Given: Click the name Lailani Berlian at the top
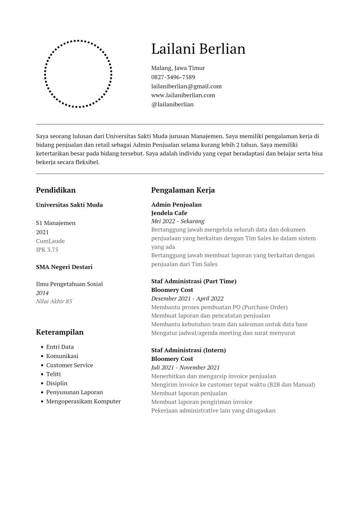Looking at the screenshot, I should [x=198, y=49].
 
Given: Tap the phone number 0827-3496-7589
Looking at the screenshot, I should [x=173, y=77].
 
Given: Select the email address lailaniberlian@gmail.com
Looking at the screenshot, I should [x=186, y=86].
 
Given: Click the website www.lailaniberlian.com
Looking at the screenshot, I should [x=183, y=95].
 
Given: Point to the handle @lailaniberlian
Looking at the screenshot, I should [x=172, y=105].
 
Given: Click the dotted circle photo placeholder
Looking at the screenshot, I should [x=78, y=74].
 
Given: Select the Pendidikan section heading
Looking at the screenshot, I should [x=56, y=190].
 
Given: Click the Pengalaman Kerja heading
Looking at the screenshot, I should [x=183, y=190].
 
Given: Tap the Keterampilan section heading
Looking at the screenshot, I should [x=60, y=332].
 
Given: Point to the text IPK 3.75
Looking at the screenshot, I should [x=47, y=250].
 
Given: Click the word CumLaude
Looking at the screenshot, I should [x=50, y=241].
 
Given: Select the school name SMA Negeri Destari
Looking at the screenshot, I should [x=64, y=267].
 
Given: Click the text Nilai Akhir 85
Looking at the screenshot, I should [x=54, y=301].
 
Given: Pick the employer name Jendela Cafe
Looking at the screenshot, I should [x=169, y=213].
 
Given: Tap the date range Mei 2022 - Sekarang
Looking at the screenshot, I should [x=178, y=221].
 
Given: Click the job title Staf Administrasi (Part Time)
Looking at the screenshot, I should [x=194, y=281].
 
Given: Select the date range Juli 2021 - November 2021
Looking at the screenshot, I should [x=185, y=368].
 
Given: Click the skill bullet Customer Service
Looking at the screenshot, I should [x=69, y=365].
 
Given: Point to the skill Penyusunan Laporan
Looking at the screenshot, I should [x=75, y=392].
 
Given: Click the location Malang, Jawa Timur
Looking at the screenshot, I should [x=178, y=68].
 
